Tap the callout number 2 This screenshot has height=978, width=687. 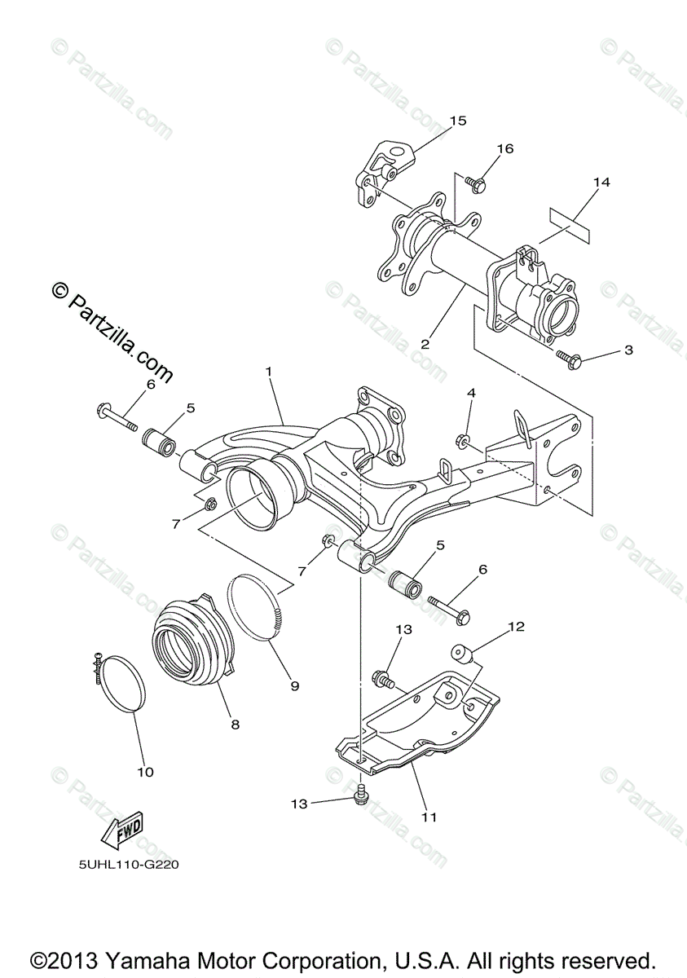(424, 344)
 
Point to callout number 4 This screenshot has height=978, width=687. (470, 392)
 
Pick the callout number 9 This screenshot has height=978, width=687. (293, 685)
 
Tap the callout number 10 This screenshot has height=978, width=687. (145, 771)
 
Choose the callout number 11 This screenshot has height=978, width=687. (429, 816)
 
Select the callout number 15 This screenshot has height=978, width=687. (457, 121)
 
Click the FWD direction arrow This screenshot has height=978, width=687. (121, 829)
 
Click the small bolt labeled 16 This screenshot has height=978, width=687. (479, 185)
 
